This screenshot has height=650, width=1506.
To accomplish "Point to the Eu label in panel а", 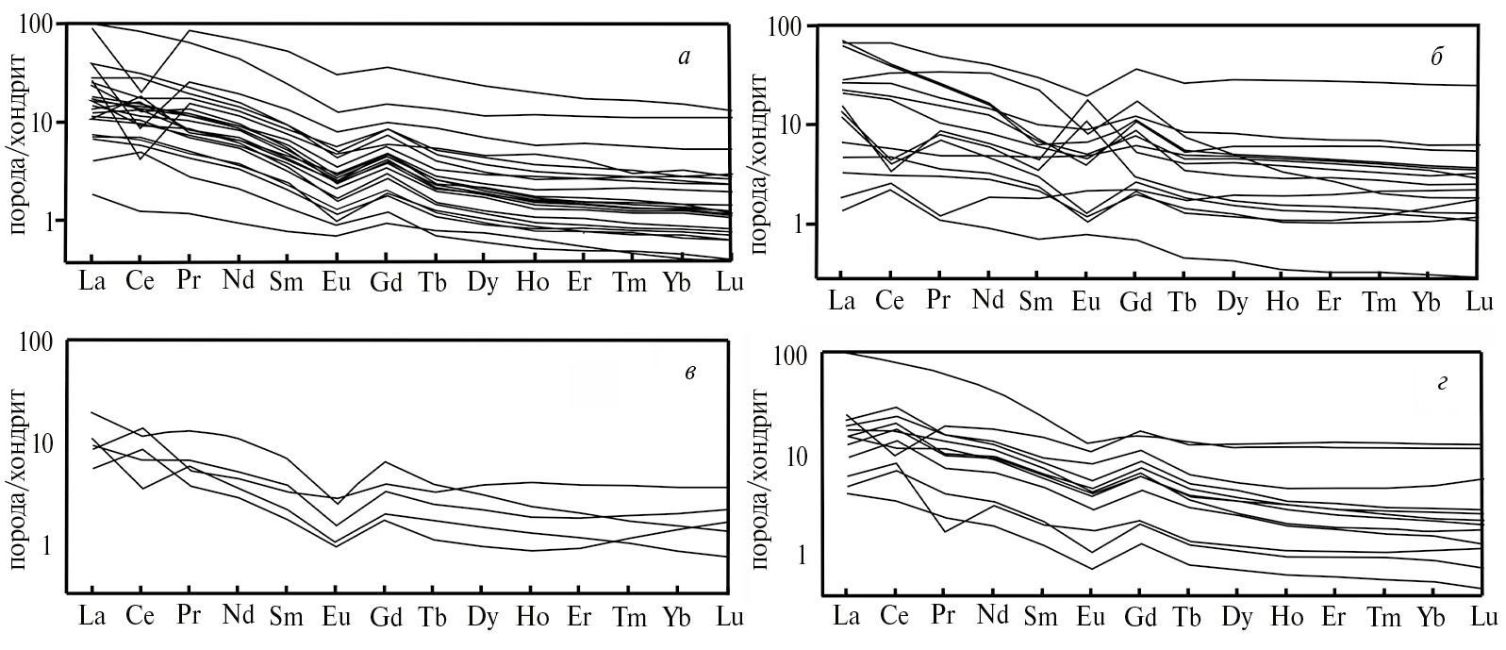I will (336, 282).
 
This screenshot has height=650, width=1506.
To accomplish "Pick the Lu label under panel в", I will (727, 618).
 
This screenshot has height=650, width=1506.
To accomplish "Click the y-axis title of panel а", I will (18, 142).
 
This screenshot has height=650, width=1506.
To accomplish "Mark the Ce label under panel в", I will (140, 618).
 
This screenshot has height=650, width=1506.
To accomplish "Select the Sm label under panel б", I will (1036, 302).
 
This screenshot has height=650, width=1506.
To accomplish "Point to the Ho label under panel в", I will (533, 618).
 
